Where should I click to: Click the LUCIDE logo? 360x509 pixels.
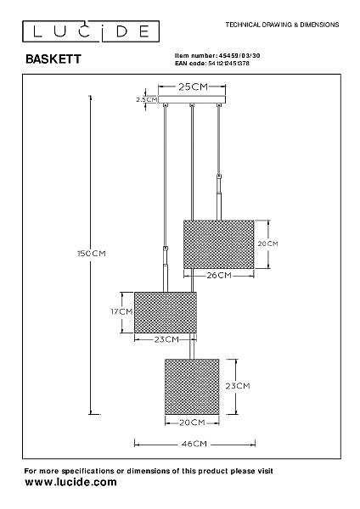point(91,31)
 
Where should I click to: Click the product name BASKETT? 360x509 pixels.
point(53,59)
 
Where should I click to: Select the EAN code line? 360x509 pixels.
point(212,64)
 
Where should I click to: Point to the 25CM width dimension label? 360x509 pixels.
point(193,87)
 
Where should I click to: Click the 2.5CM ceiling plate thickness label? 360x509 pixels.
point(147,99)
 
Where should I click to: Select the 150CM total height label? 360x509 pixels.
point(92,253)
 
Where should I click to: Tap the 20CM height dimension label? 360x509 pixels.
point(268,243)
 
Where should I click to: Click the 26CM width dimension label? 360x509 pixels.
point(219,275)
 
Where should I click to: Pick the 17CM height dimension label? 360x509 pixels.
point(121,311)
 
